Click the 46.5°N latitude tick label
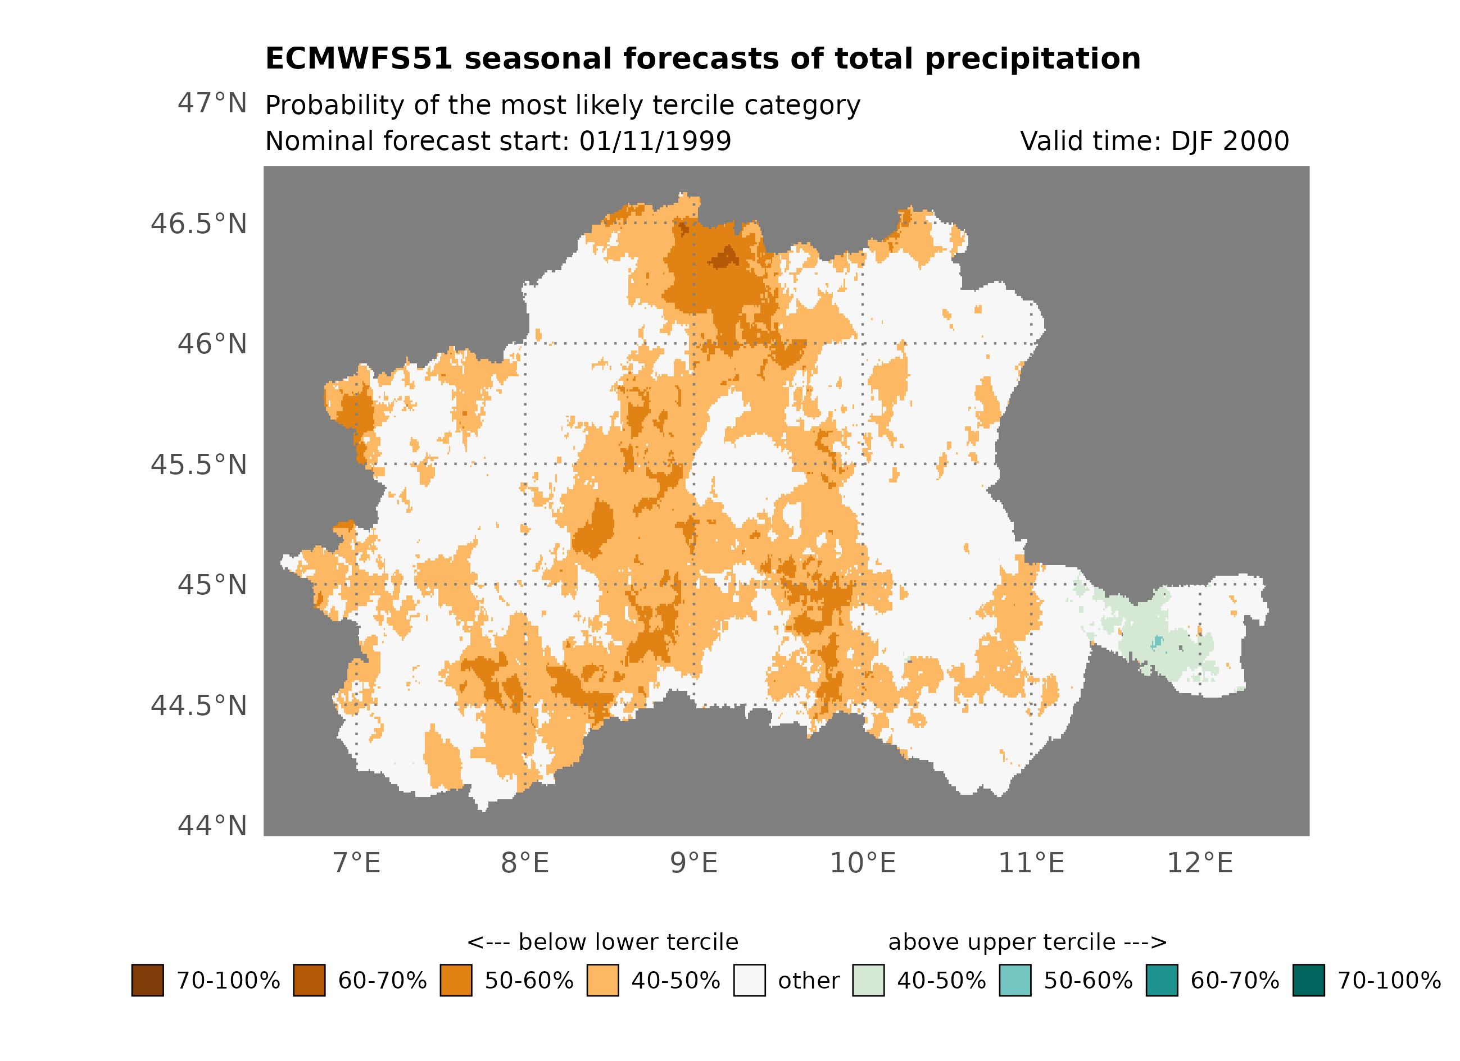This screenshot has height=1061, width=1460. click(x=198, y=224)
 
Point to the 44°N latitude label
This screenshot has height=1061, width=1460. click(x=212, y=826)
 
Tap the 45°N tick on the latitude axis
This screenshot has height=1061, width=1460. click(x=212, y=585)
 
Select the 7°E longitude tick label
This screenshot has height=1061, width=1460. click(x=357, y=863)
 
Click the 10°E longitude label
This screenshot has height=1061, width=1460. click(x=862, y=863)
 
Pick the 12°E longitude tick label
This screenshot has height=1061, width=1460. click(x=1199, y=863)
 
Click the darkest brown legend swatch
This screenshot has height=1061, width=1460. click(x=147, y=980)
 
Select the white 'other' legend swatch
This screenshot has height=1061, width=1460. click(x=749, y=980)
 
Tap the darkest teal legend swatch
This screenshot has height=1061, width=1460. click(x=1309, y=980)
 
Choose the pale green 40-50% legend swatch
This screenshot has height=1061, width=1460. click(x=868, y=980)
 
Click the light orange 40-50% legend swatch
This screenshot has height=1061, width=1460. click(x=602, y=980)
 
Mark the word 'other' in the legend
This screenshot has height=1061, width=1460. click(x=809, y=981)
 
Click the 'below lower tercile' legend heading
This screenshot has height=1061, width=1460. click(x=602, y=942)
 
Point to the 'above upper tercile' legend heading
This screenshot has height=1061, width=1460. click(x=1027, y=942)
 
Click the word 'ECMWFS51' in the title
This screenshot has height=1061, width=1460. click(x=359, y=58)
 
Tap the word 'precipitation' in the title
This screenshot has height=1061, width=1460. click(x=1032, y=58)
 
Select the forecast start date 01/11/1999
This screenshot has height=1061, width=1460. click(x=655, y=141)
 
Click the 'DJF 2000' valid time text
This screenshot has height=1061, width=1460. click(x=1230, y=141)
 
